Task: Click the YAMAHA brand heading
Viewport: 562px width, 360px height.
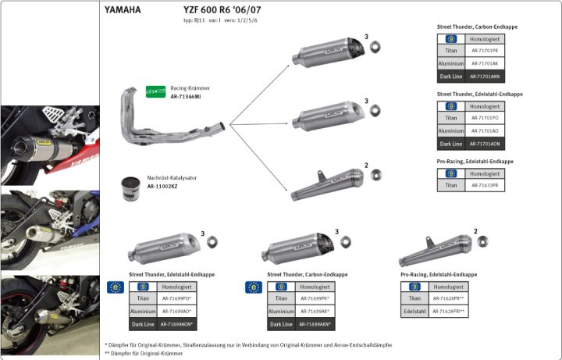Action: click(123, 11)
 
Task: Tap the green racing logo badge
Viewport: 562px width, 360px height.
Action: click(156, 92)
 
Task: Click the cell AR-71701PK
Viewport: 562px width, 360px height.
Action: click(485, 52)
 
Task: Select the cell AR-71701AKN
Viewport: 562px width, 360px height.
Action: click(485, 77)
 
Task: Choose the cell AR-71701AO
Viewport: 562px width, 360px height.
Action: click(485, 131)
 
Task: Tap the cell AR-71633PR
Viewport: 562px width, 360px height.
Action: click(485, 186)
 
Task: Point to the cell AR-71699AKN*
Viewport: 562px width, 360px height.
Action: click(313, 323)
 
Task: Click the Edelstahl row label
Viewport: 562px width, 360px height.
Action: click(412, 312)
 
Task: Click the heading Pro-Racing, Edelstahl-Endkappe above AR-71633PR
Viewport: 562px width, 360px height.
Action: click(475, 162)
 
